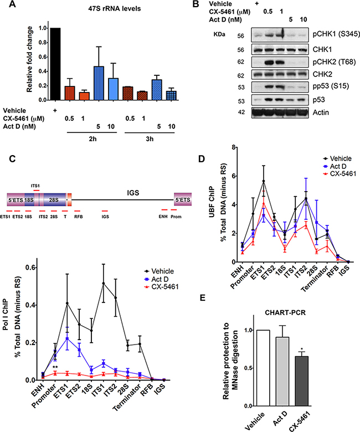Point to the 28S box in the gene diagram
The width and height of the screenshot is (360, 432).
tap(54, 198)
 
